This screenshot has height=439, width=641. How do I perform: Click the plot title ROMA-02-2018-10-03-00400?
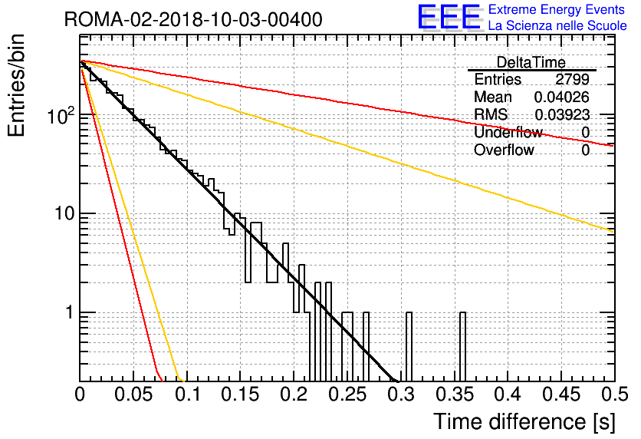(x=193, y=19)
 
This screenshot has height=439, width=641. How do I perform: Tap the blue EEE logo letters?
(x=449, y=17)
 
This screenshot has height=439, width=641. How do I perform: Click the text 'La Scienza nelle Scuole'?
(x=557, y=26)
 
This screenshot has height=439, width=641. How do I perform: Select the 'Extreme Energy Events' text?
(x=557, y=9)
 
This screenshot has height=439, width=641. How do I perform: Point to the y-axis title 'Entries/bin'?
(x=16, y=85)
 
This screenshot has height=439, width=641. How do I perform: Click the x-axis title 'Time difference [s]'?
(x=524, y=421)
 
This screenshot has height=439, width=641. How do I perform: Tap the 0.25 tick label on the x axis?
(x=348, y=394)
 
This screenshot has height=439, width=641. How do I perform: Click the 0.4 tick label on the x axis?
(x=508, y=394)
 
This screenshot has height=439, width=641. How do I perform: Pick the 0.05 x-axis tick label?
(x=133, y=394)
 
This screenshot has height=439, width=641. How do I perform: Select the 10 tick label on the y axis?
(x=64, y=213)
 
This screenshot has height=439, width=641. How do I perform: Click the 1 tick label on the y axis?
(x=69, y=312)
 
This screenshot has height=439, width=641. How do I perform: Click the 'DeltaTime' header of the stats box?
(x=531, y=62)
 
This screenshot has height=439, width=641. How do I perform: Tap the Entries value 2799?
(x=572, y=79)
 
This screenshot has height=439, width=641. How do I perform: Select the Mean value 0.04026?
(x=562, y=97)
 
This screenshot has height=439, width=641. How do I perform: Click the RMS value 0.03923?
(x=562, y=115)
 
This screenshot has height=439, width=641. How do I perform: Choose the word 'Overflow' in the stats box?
(x=504, y=150)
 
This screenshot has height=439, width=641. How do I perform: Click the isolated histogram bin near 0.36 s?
(x=462, y=347)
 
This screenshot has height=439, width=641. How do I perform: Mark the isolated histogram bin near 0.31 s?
(x=409, y=347)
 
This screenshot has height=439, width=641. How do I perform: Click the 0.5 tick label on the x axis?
(x=614, y=394)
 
